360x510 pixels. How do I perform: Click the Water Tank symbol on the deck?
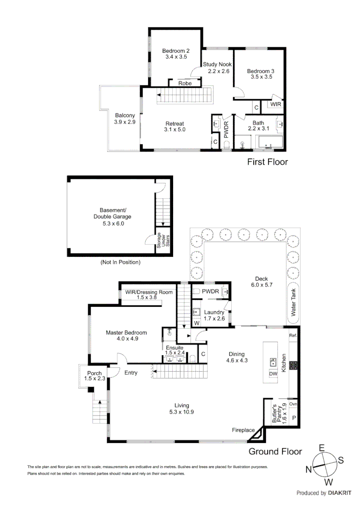click(293, 303)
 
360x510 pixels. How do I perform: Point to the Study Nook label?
click(218, 65)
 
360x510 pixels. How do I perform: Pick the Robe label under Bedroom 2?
click(185, 84)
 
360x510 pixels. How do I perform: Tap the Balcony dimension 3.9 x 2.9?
click(125, 122)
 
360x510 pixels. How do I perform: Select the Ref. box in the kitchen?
click(293, 335)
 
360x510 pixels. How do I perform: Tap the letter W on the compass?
click(329, 482)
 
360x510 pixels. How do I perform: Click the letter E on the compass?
click(322, 448)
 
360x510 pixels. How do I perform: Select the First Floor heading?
click(268, 162)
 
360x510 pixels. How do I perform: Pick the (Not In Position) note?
click(120, 262)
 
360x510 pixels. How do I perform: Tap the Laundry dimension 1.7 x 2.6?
click(214, 319)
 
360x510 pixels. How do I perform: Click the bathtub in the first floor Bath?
click(269, 142)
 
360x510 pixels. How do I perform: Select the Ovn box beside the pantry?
click(293, 404)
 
